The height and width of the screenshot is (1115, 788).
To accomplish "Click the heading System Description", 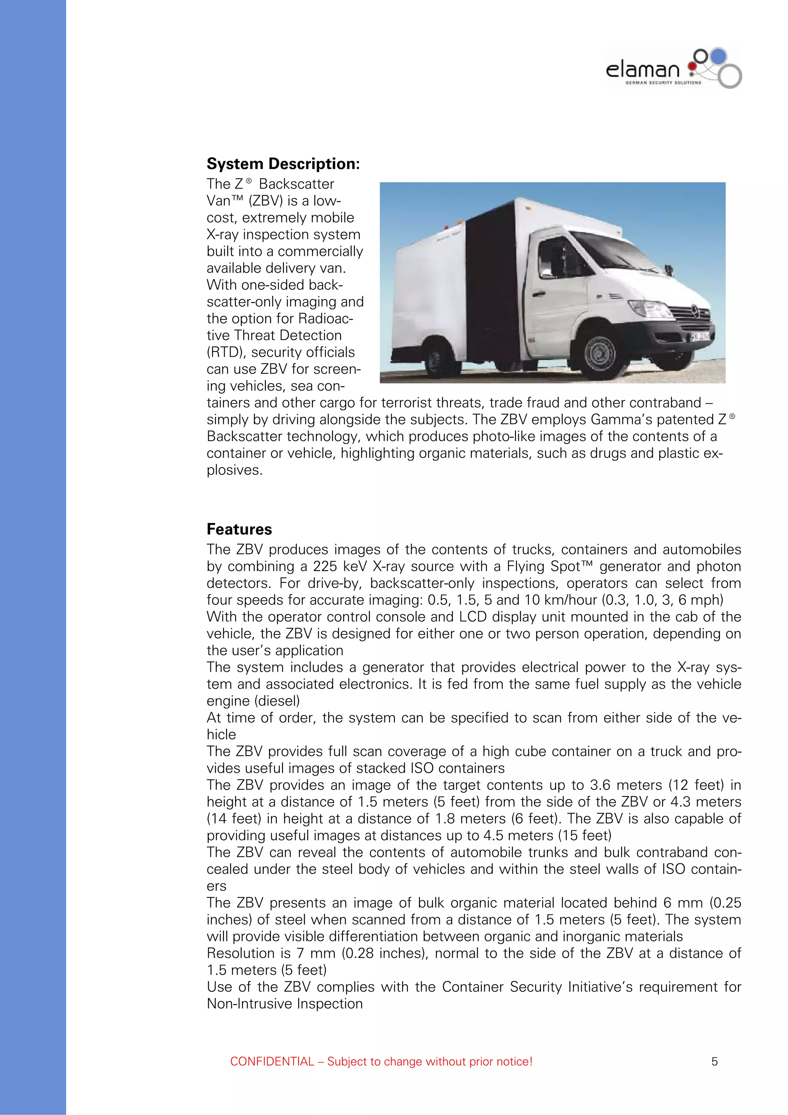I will [283, 164].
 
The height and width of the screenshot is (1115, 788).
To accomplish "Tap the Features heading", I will [239, 529].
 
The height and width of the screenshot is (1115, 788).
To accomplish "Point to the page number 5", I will [714, 1061].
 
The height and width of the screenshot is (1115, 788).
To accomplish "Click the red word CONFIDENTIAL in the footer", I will [272, 1061].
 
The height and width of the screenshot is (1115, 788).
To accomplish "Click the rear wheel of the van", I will [434, 359].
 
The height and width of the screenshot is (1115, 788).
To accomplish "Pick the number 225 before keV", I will [325, 566].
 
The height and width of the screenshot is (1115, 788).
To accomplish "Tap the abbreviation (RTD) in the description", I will [226, 352].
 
